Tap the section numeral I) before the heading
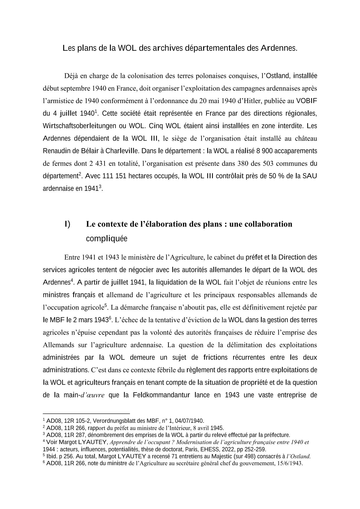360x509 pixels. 67,224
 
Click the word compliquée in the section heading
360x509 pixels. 107,239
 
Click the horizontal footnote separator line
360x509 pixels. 86,413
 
